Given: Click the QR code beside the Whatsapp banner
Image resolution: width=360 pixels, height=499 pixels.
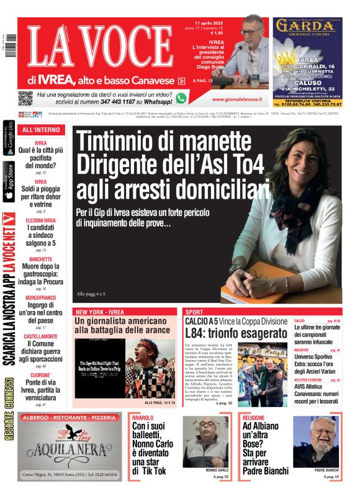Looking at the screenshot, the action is pos(25,97).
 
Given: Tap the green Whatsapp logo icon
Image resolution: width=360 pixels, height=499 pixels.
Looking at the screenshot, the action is pos(181,97).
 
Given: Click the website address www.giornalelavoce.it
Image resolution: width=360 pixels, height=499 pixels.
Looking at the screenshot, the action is pos(236,99).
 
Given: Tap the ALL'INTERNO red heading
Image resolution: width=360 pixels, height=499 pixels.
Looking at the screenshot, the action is pos(41,130).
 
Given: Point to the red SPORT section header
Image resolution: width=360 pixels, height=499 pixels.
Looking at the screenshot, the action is pos(194,312).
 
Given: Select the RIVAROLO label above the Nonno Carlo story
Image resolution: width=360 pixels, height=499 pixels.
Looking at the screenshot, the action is pos(143,418).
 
